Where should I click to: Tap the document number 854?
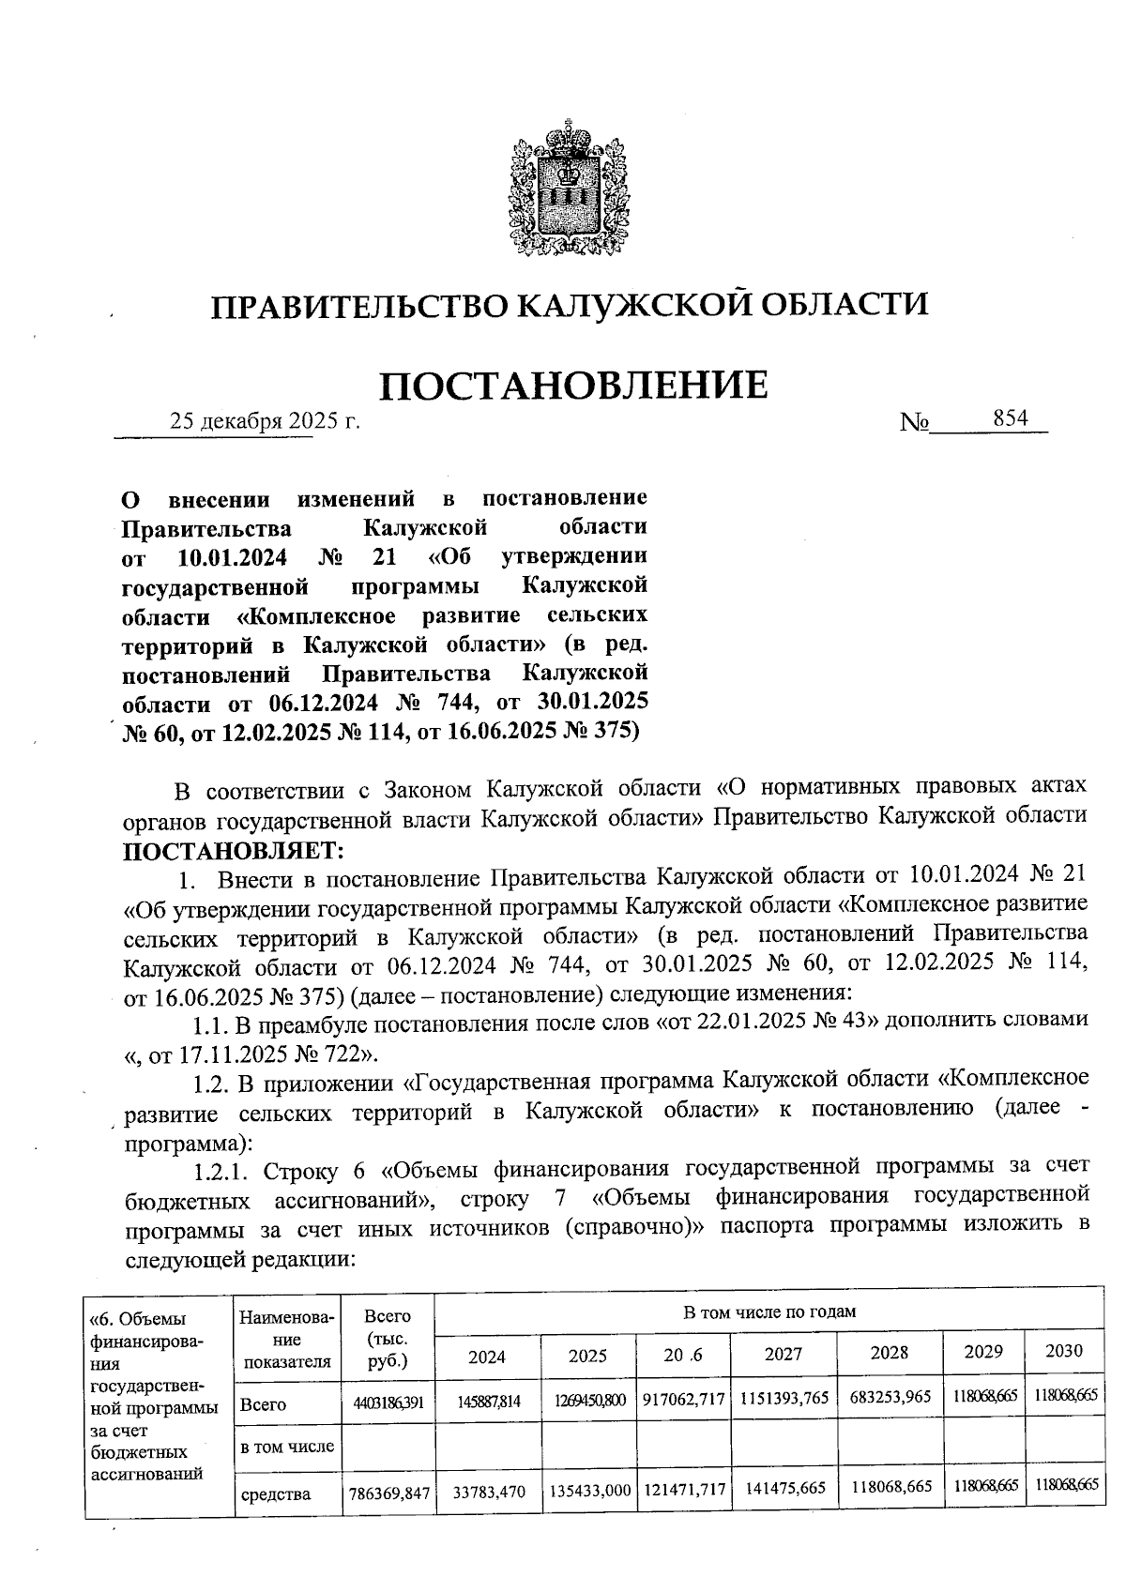(1011, 418)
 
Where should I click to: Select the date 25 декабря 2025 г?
(265, 421)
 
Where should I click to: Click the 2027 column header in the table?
(783, 1354)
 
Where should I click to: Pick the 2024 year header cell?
(487, 1357)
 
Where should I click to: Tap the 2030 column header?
(1064, 1351)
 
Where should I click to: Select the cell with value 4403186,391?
(388, 1402)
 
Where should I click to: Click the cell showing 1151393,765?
(784, 1398)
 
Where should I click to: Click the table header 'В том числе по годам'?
(768, 1312)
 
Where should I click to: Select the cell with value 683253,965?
(890, 1396)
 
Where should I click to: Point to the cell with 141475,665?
(783, 1488)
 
